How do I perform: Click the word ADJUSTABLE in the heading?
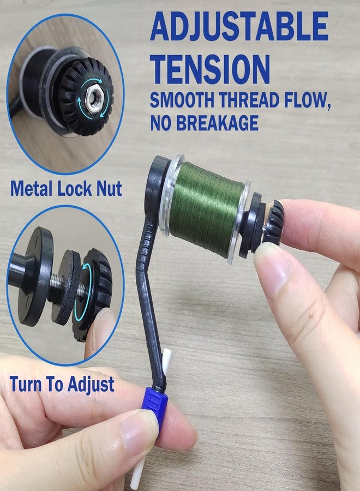239,27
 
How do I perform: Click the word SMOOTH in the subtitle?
183,100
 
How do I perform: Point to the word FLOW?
307,100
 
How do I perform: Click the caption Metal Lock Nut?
66,189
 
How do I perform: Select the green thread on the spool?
207,210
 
